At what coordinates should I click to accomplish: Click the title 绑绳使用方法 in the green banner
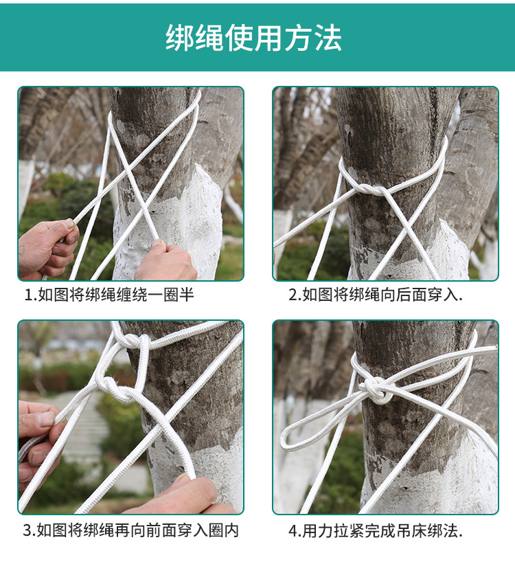pos(253,37)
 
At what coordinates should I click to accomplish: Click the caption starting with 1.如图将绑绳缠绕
pos(109,295)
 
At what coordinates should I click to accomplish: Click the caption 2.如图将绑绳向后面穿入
pos(376,295)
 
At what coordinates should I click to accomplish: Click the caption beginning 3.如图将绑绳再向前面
pos(131,530)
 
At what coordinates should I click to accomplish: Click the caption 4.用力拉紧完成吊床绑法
pos(376,531)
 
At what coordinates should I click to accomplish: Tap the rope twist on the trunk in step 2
pos(370,189)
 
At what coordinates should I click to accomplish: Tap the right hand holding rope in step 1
pos(166,261)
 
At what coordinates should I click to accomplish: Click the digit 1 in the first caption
pos(27,295)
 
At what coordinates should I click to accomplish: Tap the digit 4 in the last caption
pos(293,531)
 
